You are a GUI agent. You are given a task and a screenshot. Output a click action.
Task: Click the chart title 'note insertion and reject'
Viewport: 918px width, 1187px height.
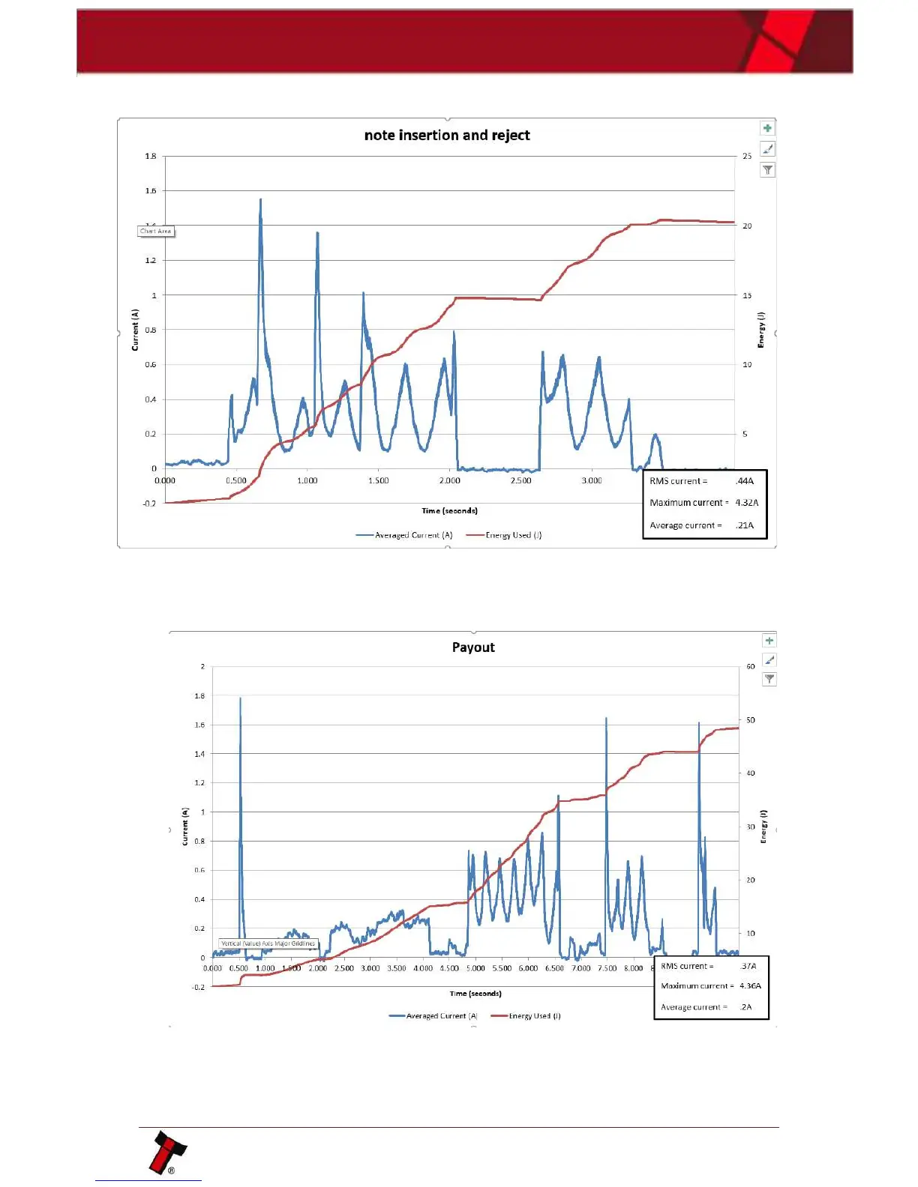pos(447,135)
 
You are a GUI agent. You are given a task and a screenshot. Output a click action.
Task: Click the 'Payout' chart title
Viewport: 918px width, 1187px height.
pos(473,647)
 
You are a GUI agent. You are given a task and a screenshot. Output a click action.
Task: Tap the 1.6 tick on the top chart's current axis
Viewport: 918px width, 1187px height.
pos(151,191)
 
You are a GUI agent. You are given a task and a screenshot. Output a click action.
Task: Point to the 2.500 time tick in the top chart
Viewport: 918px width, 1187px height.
pos(520,480)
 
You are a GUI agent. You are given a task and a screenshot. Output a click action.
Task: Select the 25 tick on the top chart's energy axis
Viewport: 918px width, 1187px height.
pos(747,156)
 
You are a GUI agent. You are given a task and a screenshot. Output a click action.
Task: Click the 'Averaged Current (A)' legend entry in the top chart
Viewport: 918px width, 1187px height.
pos(405,535)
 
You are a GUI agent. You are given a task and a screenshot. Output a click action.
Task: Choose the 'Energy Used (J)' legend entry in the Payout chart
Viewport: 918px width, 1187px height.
pos(526,1016)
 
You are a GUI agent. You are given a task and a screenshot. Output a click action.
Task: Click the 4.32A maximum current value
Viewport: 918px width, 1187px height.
pos(746,503)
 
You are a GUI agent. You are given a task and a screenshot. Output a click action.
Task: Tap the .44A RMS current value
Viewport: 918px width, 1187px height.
pos(745,481)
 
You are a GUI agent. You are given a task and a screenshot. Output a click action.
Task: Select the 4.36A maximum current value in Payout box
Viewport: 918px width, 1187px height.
pos(750,986)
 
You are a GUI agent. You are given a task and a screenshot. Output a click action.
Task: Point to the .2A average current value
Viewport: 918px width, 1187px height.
pos(745,1007)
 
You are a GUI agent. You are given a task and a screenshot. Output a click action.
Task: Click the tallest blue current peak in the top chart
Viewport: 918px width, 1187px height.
pos(260,201)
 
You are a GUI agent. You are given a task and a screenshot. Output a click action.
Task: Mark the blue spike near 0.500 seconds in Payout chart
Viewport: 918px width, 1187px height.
pos(240,701)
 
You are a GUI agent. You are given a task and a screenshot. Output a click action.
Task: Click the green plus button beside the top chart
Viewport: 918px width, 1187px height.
pos(767,128)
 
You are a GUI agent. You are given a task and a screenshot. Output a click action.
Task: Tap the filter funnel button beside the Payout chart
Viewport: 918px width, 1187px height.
pos(769,679)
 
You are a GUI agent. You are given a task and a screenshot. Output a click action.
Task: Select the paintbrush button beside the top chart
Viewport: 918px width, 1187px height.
pos(767,149)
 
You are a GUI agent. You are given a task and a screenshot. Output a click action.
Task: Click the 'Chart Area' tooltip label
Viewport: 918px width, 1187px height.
pos(156,232)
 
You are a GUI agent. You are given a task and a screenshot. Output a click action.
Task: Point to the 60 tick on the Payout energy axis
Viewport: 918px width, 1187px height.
pos(751,666)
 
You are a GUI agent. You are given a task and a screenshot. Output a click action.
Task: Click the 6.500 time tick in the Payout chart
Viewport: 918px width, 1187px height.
pos(554,968)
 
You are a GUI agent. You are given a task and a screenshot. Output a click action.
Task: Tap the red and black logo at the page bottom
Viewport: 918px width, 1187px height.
pos(168,1152)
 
